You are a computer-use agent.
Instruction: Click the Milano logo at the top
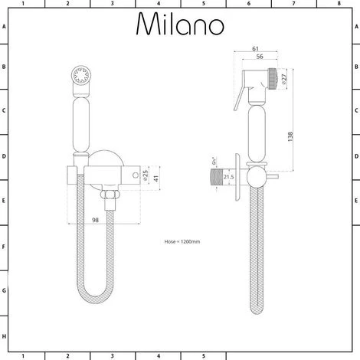181,25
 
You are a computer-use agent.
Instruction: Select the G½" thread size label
214,162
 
